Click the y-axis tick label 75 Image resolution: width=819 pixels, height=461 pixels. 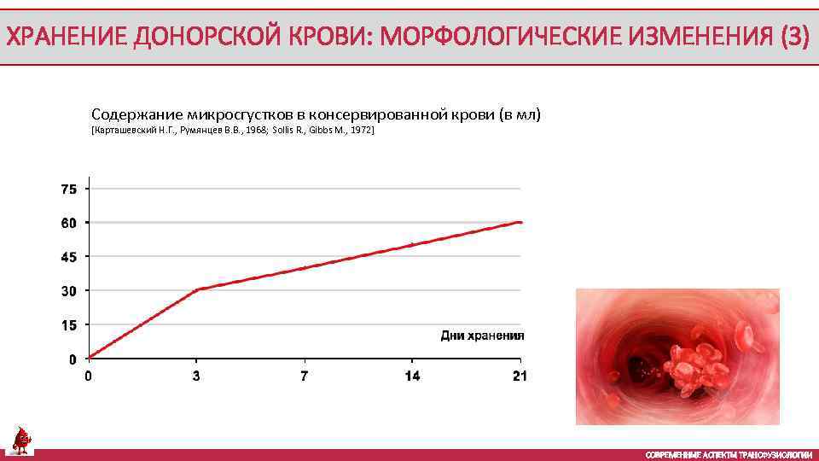coord(68,189)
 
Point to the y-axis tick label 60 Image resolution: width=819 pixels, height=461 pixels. coord(68,223)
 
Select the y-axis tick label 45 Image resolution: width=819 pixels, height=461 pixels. coord(68,257)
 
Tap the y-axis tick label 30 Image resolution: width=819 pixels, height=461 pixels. coord(68,291)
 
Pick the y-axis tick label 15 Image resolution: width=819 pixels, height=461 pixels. coord(68,325)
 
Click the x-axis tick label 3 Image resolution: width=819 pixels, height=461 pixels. coord(197,376)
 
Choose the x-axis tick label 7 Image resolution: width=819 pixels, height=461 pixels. coord(305,376)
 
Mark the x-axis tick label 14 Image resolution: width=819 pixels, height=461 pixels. coord(412,376)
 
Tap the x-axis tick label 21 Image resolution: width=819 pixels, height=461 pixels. coord(520,376)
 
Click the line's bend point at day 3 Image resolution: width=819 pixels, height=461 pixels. coord(197,290)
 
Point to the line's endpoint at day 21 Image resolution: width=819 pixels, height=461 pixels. coord(520,222)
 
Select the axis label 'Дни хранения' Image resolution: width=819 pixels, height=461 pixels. coord(482,336)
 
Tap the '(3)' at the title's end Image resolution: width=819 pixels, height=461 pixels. coord(793,38)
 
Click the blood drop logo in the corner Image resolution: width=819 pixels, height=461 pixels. coord(21,440)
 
